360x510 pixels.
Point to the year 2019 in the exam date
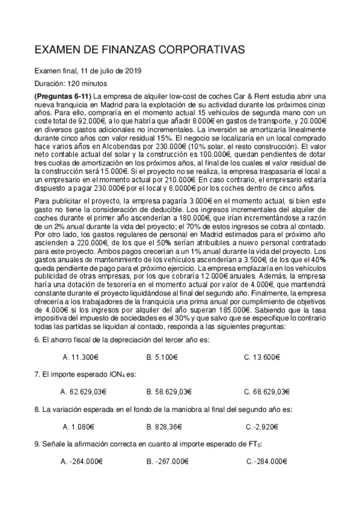[x=132, y=71]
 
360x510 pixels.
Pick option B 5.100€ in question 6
[x=165, y=357]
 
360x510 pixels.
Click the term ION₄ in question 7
[x=111, y=374]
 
